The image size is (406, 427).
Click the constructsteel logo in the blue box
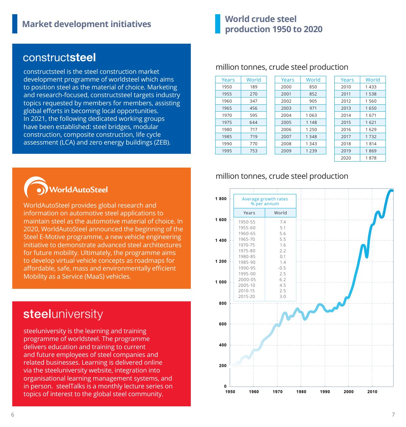click(x=59, y=58)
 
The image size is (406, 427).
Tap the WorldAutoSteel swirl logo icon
click(x=36, y=187)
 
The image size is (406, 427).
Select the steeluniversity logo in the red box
click(x=63, y=314)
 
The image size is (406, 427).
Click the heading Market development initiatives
click(x=86, y=24)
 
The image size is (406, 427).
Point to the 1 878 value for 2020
click(x=370, y=158)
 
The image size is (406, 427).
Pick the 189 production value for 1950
click(x=253, y=87)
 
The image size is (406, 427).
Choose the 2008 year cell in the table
click(x=286, y=144)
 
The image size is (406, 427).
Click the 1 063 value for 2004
click(x=311, y=115)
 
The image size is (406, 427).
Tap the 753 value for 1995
click(x=253, y=151)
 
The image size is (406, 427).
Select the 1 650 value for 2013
click(x=371, y=108)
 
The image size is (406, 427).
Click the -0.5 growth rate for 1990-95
click(x=281, y=268)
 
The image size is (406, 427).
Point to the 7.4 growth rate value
click(x=283, y=222)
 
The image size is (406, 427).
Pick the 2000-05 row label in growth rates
click(x=247, y=279)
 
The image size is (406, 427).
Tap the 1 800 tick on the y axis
click(x=221, y=199)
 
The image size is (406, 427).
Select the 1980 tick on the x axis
click(x=301, y=391)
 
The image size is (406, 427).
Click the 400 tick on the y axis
click(x=223, y=345)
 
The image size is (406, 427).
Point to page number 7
click(x=393, y=414)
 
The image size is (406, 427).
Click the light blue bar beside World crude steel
click(x=218, y=24)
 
